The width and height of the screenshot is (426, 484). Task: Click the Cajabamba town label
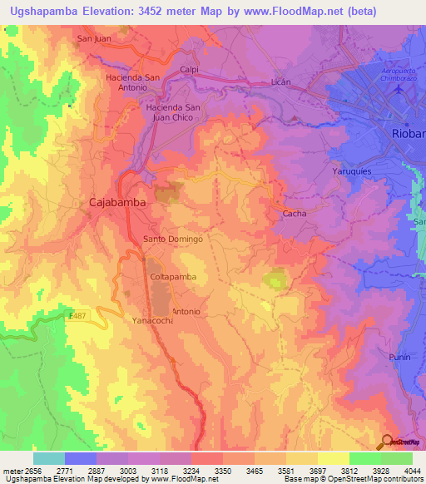tap(118, 202)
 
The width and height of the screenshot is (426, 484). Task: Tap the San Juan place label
tap(93, 38)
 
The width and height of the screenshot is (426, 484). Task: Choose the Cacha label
tap(295, 214)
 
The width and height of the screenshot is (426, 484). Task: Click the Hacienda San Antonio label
tap(132, 83)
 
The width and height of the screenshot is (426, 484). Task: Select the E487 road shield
tap(77, 315)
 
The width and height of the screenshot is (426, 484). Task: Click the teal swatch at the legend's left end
tap(48, 458)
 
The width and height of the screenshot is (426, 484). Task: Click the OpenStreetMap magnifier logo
tap(387, 442)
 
